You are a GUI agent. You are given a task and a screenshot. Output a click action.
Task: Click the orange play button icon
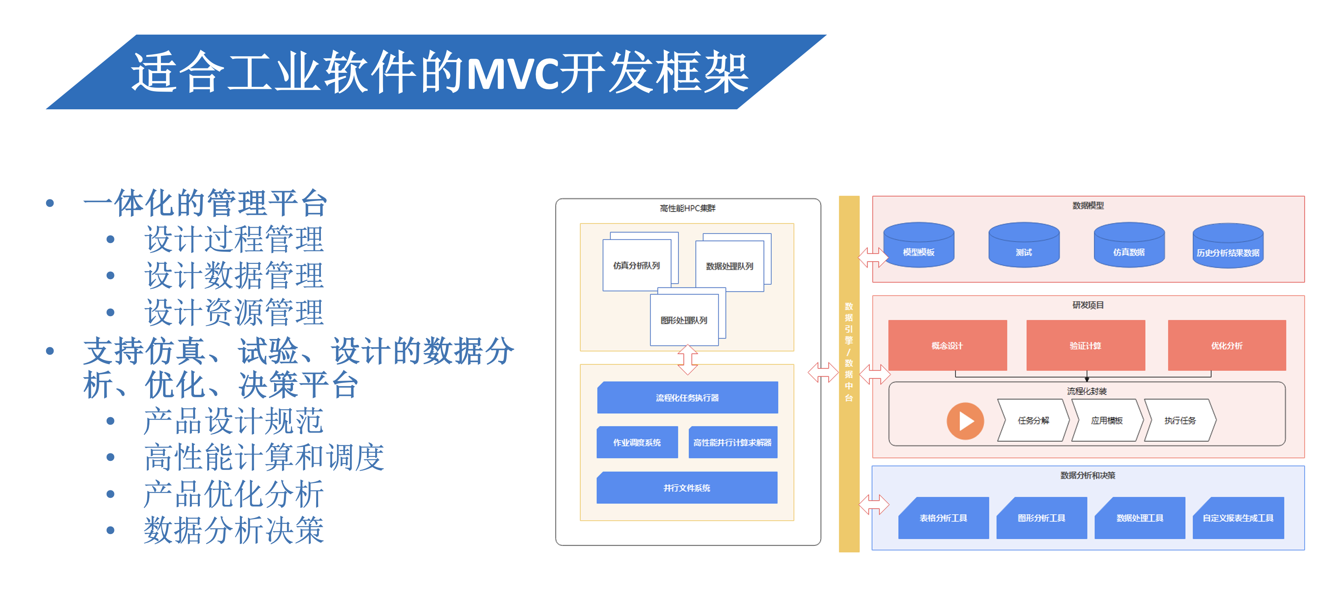964,421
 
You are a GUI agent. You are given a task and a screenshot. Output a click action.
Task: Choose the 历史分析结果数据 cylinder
1228,246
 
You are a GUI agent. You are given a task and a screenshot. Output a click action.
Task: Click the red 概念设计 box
947,345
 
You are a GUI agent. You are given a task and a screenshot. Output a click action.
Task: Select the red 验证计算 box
1085,345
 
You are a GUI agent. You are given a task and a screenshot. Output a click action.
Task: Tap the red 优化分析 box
1227,345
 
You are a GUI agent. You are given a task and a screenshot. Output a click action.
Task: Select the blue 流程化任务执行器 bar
687,398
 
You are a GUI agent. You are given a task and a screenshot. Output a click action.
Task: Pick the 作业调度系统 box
637,442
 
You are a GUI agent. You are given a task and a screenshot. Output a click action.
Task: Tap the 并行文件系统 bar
687,488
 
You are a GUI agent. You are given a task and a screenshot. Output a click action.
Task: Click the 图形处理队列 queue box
684,320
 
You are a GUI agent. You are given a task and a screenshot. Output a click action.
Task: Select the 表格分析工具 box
943,517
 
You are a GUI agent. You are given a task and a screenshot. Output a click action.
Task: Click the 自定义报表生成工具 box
1238,517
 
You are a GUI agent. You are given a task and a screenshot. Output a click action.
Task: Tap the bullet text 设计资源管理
234,312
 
